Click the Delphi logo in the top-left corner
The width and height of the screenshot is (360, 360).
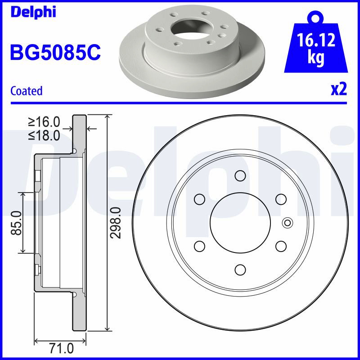33,12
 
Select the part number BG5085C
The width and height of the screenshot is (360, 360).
55,52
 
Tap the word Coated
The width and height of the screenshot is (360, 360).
27,91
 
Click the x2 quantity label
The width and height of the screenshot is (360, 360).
339,89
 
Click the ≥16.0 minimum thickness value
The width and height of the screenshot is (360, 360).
44,121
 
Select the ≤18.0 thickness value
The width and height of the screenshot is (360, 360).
44,135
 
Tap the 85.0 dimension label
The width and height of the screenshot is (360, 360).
17,223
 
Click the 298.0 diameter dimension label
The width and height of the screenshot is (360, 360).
116,223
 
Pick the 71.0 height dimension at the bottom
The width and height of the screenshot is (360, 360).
61,349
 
